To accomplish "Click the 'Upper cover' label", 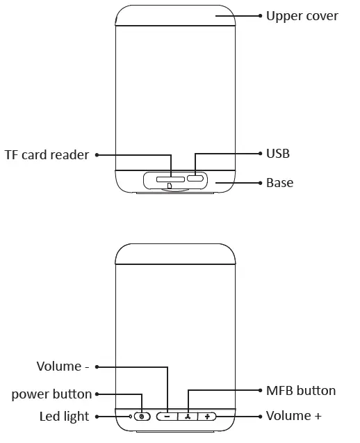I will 302,15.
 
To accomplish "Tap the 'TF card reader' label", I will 47,155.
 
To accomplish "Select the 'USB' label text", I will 278,153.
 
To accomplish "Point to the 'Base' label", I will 279,183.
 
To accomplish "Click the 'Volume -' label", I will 63,366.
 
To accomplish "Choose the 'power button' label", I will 51,394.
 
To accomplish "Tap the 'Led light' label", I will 64,417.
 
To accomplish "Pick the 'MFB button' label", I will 301,391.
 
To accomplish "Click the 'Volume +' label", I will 294,416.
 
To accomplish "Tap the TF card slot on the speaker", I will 170,179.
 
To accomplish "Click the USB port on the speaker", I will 195,179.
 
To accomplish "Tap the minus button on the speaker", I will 167,417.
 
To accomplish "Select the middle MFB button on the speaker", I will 188,417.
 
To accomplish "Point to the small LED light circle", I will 130,417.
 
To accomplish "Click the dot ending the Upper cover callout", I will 259,15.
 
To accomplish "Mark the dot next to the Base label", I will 259,183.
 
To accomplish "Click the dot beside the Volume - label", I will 97,367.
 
